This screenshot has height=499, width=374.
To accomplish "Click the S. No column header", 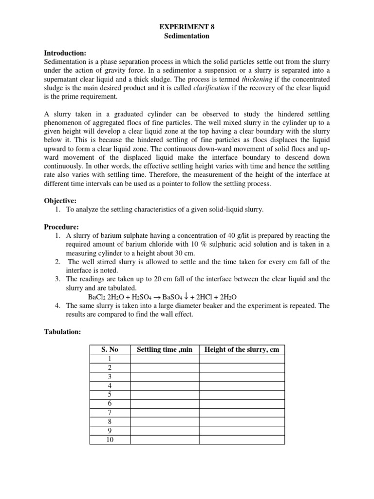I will click(110, 349).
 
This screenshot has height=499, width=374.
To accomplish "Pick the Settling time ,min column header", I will click(165, 349).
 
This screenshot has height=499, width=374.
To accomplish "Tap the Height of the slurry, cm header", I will click(242, 349).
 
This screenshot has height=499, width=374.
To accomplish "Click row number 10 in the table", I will click(110, 440).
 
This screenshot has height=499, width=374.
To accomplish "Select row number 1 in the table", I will click(110, 359).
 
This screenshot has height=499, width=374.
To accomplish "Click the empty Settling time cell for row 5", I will click(165, 395).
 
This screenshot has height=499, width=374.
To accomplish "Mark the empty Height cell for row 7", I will click(242, 413).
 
